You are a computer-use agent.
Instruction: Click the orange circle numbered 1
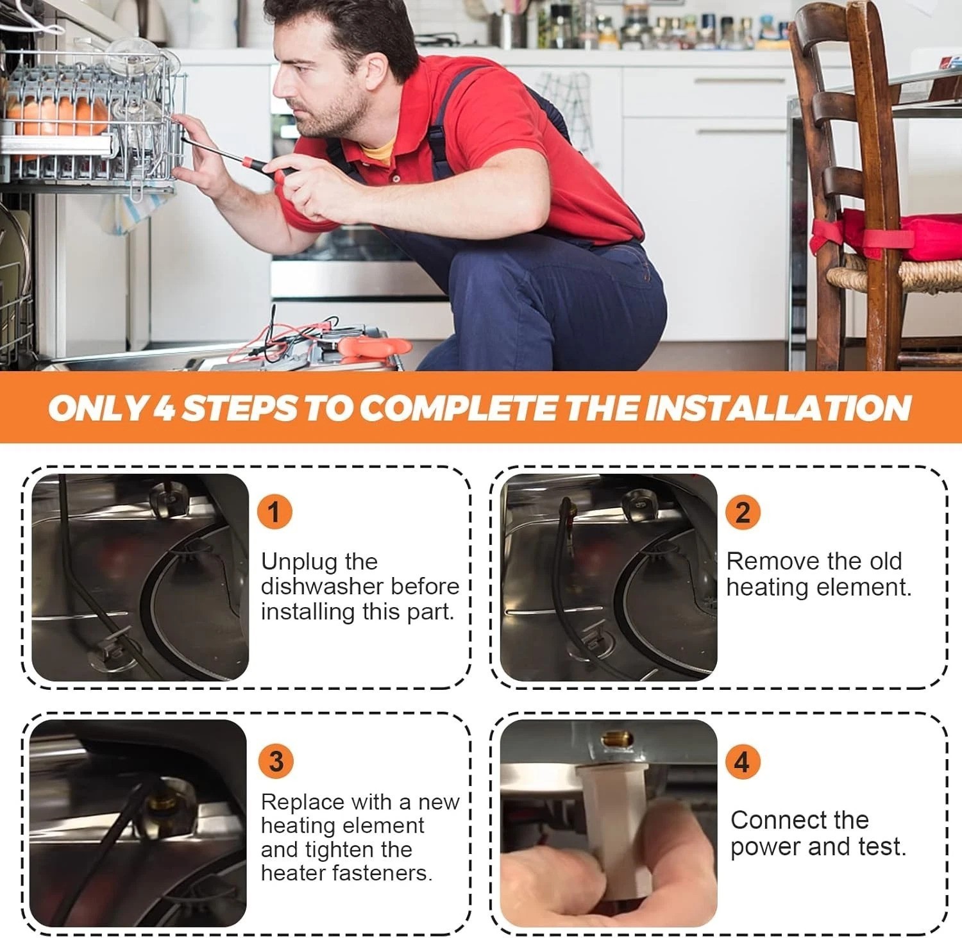pos(274,513)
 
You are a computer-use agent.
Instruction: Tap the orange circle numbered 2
pos(742,513)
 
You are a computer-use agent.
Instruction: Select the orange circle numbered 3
pos(276,761)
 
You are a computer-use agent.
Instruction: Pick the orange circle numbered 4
pos(742,762)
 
